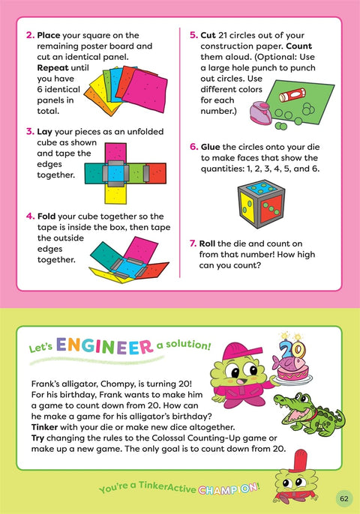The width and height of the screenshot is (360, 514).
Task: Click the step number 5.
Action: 193,34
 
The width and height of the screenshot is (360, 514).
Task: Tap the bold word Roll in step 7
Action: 212,243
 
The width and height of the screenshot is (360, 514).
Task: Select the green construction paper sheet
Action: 301,102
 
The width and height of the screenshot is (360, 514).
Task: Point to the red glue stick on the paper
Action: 289,96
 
